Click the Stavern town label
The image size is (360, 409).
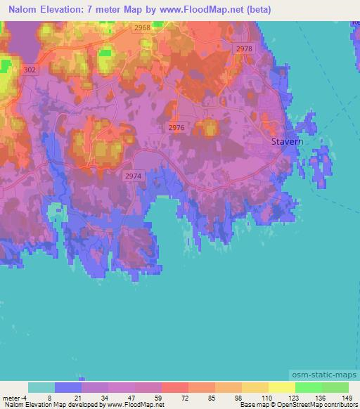click(288, 142)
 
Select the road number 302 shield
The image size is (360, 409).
click(30, 70)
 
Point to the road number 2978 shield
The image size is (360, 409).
click(244, 48)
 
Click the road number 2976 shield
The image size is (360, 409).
click(176, 127)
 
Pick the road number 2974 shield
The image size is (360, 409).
click(132, 176)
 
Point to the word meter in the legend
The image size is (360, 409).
click(11, 397)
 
